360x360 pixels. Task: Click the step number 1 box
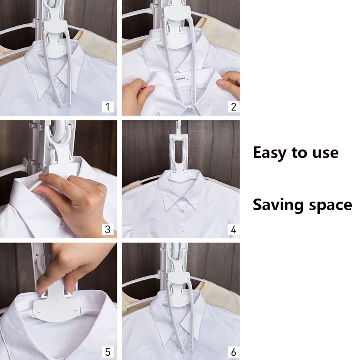pyautogui.click(x=108, y=107)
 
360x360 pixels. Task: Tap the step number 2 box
pyautogui.click(x=233, y=107)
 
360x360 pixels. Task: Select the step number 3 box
pyautogui.click(x=108, y=229)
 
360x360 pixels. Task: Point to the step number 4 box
pyautogui.click(x=233, y=229)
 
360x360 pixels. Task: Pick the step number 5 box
pyautogui.click(x=108, y=352)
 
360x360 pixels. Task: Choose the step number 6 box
pyautogui.click(x=233, y=352)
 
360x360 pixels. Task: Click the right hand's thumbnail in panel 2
pyautogui.click(x=221, y=83)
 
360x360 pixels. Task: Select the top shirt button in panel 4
pyautogui.click(x=182, y=211)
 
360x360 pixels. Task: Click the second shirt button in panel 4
pyautogui.click(x=183, y=231)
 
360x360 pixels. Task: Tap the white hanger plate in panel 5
pyautogui.click(x=56, y=306)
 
